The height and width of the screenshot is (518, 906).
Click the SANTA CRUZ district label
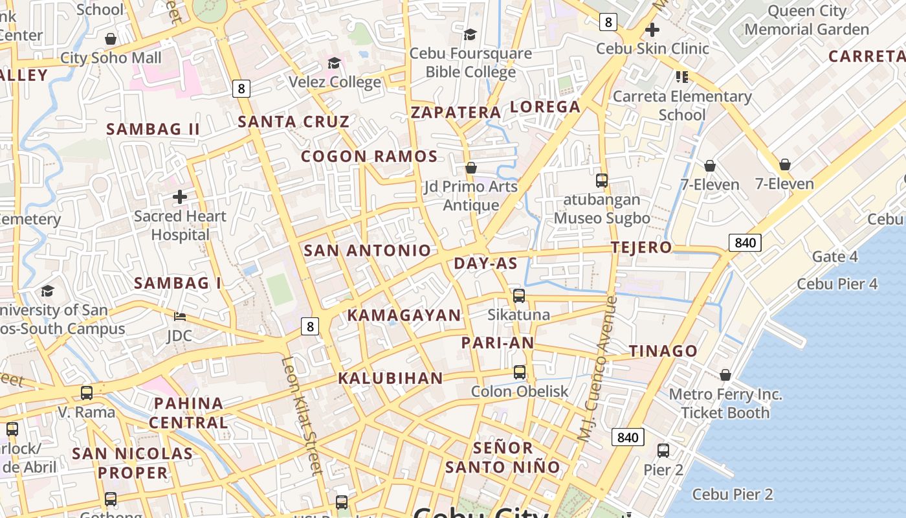click(294, 121)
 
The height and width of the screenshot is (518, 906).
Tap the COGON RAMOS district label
click(370, 156)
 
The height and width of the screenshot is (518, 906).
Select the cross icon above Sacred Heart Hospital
click(180, 196)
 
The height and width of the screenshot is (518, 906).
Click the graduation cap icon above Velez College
click(334, 63)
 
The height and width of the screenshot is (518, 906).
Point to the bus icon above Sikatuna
click(519, 296)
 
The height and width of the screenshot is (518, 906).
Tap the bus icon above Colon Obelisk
click(520, 372)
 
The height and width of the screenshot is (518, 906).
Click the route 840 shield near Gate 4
click(745, 243)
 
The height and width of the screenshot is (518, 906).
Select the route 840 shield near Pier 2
click(627, 437)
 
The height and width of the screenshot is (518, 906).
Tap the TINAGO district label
click(663, 351)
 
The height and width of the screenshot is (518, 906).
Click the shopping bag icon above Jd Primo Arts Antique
click(471, 168)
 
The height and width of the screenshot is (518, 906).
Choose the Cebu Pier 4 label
click(837, 284)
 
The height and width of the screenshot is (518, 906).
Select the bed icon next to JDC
click(180, 316)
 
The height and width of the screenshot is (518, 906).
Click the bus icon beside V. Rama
click(86, 392)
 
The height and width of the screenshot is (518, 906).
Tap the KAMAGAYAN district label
click(404, 315)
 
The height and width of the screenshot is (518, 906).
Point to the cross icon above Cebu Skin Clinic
click(652, 29)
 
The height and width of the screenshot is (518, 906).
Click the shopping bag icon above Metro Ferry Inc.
click(725, 375)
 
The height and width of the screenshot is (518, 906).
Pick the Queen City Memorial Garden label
click(806, 20)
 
